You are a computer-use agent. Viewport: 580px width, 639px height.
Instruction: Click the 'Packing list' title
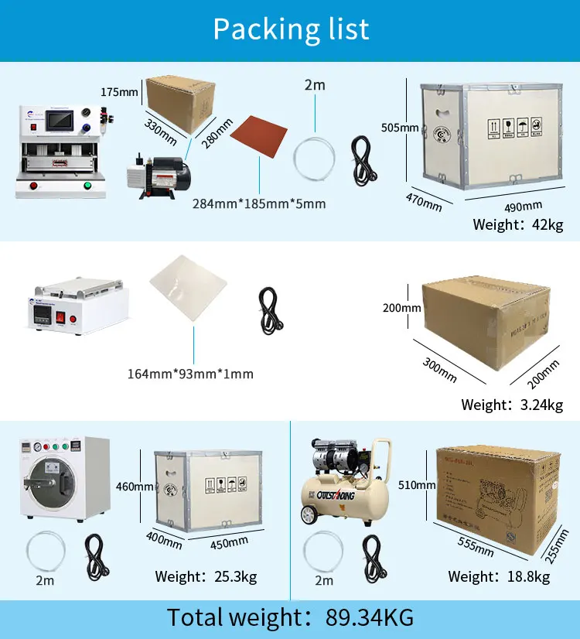click(291, 29)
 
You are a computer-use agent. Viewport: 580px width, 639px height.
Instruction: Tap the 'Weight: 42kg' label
click(517, 225)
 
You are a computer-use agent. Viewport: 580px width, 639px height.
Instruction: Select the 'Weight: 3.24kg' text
click(512, 405)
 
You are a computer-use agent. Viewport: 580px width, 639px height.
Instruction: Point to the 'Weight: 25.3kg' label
click(206, 576)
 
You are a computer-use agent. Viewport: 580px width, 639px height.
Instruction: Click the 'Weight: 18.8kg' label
click(499, 576)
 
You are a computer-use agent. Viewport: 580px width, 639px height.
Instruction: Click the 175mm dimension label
click(119, 92)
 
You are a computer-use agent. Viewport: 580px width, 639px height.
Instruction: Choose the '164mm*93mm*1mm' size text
click(190, 374)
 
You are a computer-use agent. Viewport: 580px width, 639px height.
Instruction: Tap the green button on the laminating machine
click(87, 186)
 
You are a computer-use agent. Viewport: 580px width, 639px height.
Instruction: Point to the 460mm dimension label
click(134, 487)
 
